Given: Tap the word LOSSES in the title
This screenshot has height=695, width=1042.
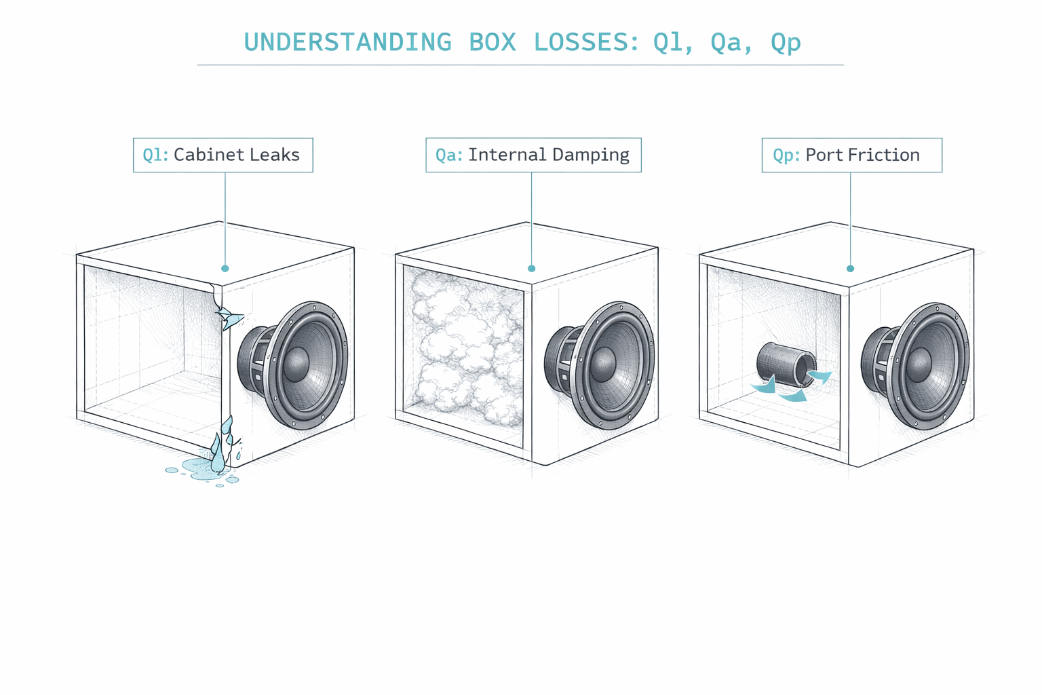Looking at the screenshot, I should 585,42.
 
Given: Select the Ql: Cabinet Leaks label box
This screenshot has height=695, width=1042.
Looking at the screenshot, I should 223,155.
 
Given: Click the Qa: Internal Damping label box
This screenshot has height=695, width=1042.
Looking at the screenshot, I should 533,155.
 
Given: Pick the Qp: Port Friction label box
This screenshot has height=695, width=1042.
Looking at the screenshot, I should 851,155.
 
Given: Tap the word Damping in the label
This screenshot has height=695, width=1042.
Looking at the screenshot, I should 589,155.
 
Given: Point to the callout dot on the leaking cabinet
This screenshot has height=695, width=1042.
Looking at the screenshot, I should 225,269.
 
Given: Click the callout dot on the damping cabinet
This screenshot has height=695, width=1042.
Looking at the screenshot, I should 531,269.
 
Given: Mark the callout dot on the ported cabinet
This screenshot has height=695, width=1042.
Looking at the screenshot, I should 850,269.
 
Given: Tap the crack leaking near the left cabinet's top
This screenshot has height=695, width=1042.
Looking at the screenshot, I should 227,316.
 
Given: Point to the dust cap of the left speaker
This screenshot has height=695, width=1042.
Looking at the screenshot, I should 296,364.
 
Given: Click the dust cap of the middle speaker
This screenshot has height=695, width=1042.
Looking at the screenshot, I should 603,364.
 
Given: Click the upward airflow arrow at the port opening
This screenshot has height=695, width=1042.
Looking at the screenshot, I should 819,377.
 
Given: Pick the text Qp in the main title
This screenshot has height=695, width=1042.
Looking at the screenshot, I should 786,42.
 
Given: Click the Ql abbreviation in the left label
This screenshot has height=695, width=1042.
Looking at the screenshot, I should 155,155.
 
